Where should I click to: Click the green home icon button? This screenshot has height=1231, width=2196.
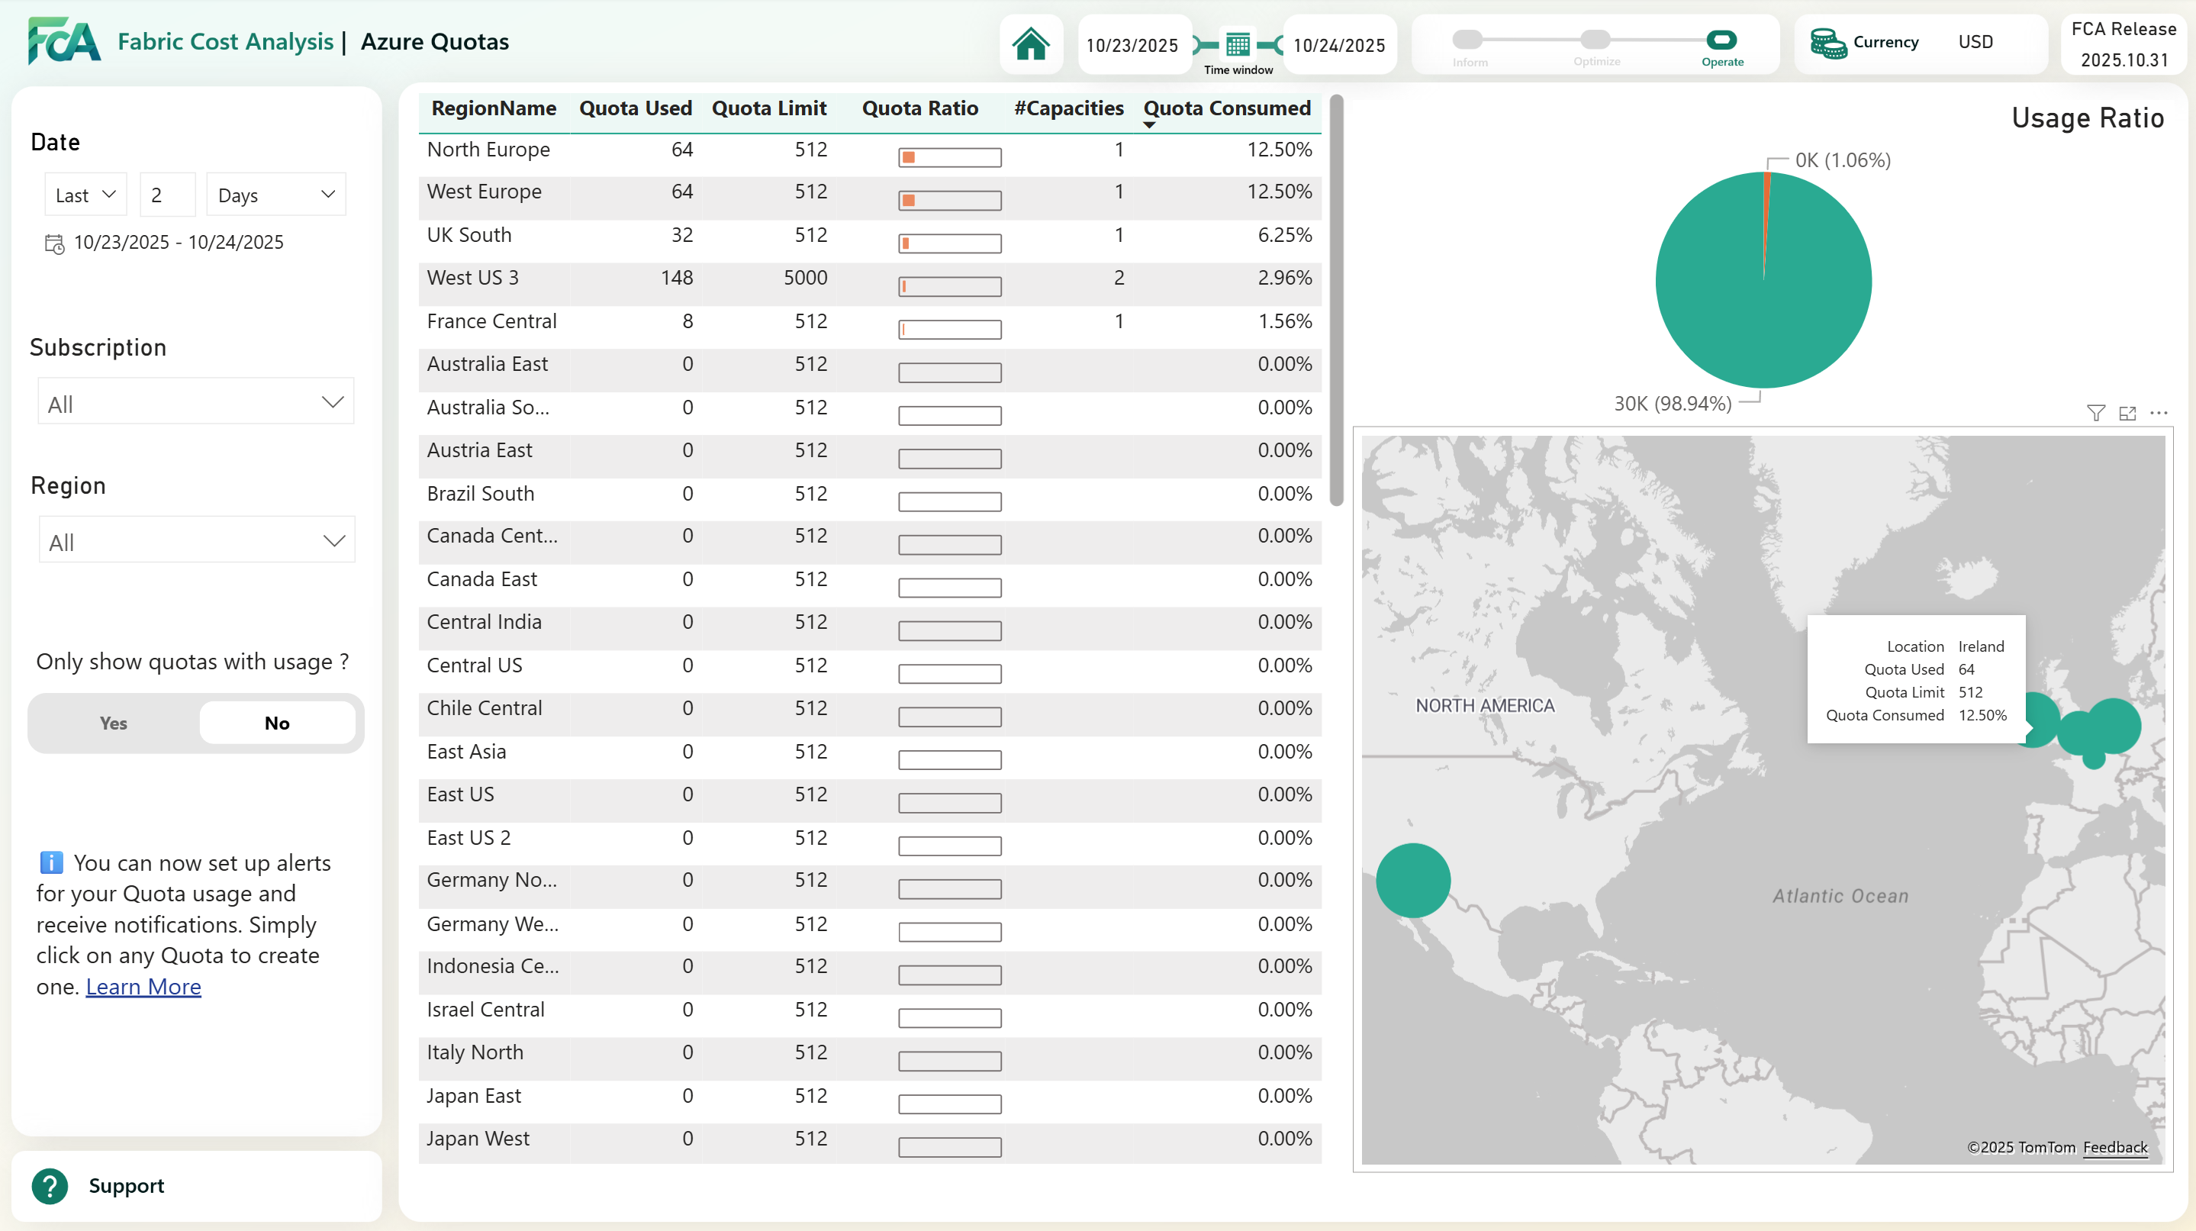(x=1031, y=44)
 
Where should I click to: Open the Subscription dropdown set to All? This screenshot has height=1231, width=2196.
(x=195, y=402)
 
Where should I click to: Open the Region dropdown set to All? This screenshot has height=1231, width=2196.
(x=197, y=540)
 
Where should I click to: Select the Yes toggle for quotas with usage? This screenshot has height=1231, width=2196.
(x=114, y=723)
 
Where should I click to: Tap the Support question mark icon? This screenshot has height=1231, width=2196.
(x=50, y=1186)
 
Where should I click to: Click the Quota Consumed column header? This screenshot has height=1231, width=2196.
(x=1226, y=108)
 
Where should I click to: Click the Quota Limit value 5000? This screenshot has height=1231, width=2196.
(x=805, y=278)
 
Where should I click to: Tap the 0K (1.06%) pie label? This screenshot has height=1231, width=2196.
(x=1842, y=160)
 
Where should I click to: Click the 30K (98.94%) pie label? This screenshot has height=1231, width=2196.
(x=1672, y=403)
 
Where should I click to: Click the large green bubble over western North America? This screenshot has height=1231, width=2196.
(x=1412, y=880)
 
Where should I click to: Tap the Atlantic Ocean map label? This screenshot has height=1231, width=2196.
(x=1840, y=896)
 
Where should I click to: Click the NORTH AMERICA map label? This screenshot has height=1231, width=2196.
(x=1484, y=706)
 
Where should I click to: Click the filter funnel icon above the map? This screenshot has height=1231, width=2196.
(x=2095, y=414)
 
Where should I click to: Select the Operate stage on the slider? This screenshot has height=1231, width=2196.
(x=1721, y=40)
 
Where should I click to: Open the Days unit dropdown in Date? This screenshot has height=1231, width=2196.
(x=275, y=195)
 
